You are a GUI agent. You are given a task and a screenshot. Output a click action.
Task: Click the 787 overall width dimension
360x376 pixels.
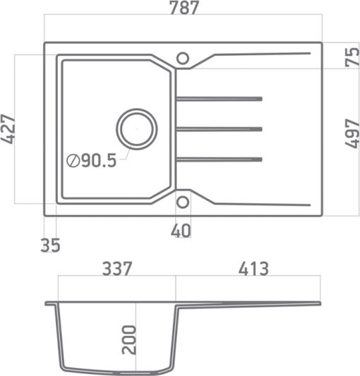pos(184,8)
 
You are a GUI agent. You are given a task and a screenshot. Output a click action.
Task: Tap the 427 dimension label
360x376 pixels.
pos(8,129)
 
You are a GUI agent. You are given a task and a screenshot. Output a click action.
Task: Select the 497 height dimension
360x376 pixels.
pos(352,133)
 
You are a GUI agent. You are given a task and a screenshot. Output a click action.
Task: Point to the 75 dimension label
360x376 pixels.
pos(352,57)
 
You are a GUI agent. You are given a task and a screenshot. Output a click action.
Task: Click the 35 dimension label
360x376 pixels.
pos(50,245)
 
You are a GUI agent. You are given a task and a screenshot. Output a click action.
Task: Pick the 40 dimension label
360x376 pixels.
pos(181,231)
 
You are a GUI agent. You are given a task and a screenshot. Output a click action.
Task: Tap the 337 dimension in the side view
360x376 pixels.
pos(117,269)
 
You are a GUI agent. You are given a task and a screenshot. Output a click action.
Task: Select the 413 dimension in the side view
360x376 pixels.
pos(253,269)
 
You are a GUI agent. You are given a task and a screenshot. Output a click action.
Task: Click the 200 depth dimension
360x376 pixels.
pos(129,340)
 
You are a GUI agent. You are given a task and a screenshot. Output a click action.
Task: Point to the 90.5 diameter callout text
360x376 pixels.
pos(99,160)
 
